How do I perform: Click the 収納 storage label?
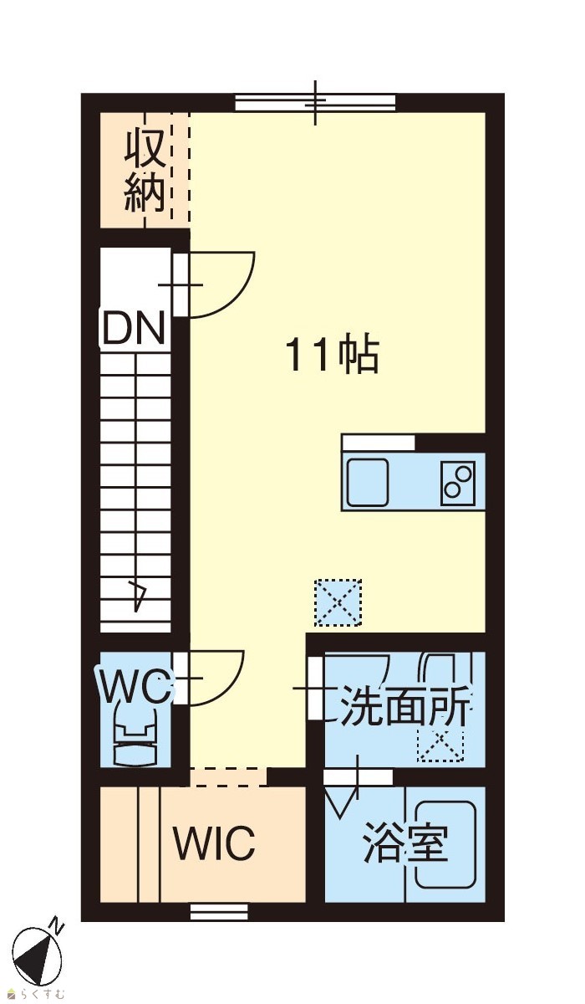tap(145, 171)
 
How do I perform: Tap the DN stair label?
tap(133, 328)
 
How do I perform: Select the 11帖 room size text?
tap(333, 356)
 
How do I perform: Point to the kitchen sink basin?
tap(367, 482)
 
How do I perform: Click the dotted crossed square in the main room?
tap(338, 602)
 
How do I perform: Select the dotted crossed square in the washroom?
tap(440, 745)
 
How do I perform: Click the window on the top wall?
tap(316, 103)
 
